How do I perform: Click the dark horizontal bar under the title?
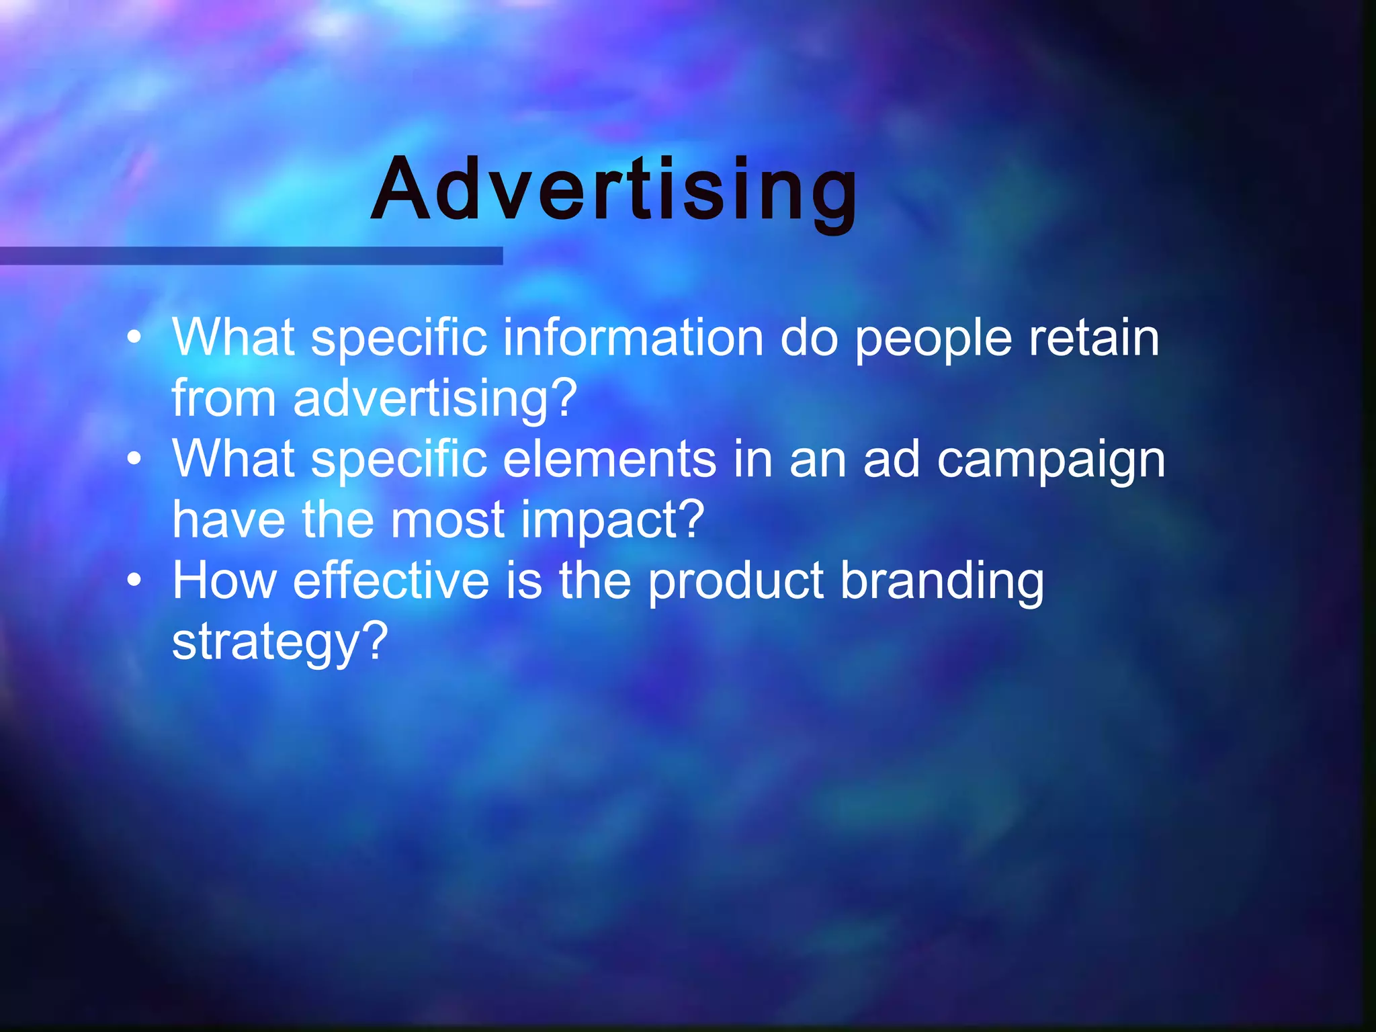pyautogui.click(x=251, y=255)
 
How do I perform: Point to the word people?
pyautogui.click(x=933, y=340)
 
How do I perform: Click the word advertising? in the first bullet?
pyautogui.click(x=435, y=399)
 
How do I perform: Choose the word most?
pyautogui.click(x=447, y=520)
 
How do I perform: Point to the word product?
pyautogui.click(x=736, y=582)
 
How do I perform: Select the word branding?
pyautogui.click(x=942, y=582)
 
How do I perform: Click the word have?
pyautogui.click(x=228, y=520)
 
